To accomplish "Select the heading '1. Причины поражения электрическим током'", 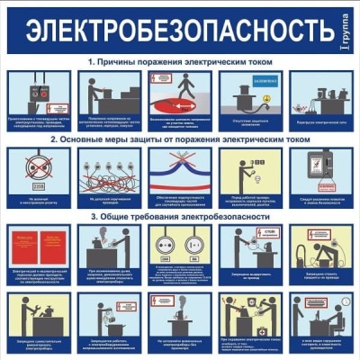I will pos(179,61).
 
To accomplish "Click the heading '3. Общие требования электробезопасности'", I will pos(179,217).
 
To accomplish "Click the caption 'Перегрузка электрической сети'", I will pos(319,121).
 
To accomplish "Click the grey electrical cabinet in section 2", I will pos(319,166).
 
